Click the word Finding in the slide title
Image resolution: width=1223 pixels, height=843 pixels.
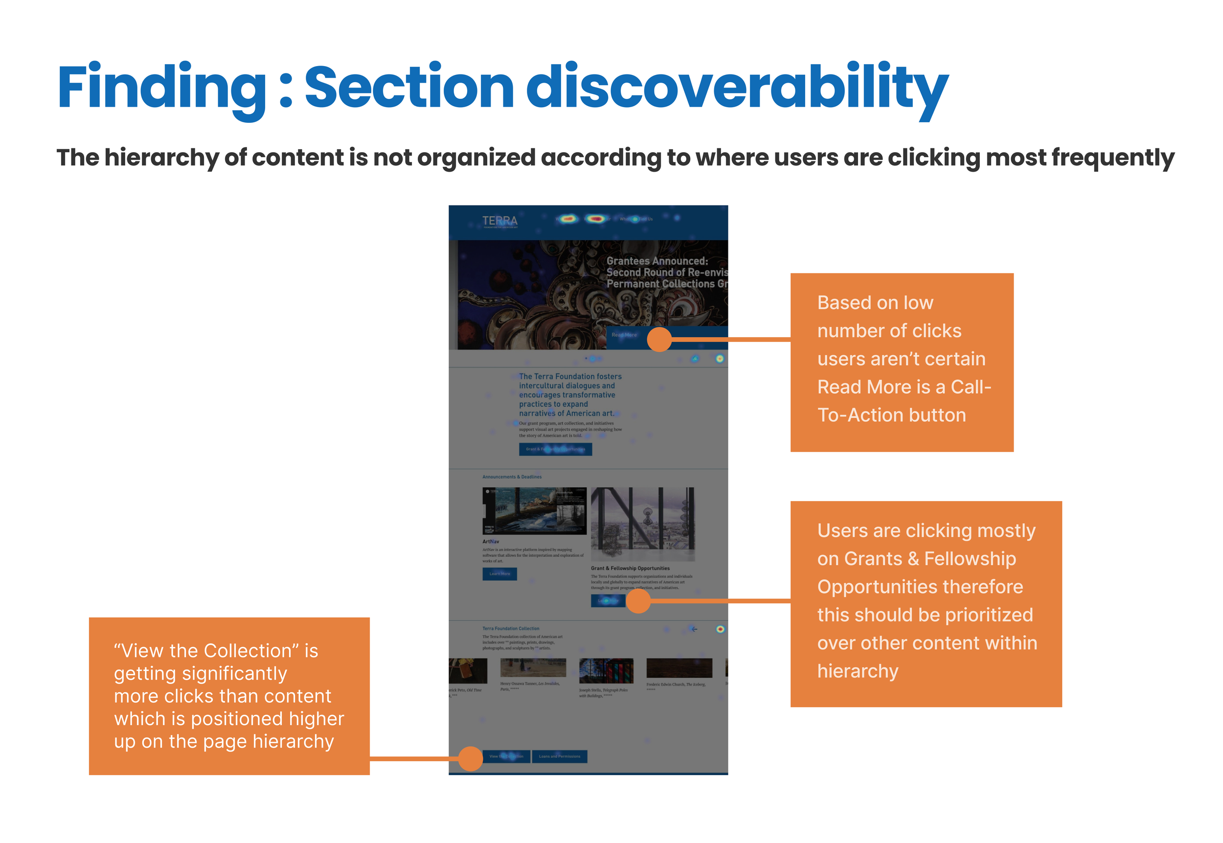[161, 87]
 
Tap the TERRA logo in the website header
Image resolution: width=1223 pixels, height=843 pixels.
[499, 221]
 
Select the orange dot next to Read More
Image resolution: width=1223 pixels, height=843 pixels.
[659, 340]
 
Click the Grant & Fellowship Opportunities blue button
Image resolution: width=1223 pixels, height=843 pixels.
[555, 450]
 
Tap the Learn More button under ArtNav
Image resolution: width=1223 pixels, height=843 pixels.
[499, 574]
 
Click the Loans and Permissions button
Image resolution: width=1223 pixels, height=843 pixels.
[559, 757]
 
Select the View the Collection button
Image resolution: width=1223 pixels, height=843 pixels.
[506, 757]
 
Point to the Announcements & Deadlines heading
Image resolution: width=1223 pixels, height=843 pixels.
[512, 477]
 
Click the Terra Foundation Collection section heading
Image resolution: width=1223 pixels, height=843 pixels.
[511, 629]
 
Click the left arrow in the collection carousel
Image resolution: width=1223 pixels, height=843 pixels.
[694, 629]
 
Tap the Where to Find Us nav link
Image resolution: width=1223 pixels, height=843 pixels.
[636, 219]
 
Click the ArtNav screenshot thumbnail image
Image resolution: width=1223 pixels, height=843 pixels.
[534, 511]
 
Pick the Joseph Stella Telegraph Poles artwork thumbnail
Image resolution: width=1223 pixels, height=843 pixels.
[606, 671]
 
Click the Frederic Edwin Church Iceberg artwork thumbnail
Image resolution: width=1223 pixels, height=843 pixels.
[679, 668]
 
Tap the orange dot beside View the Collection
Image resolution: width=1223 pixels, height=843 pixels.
[471, 759]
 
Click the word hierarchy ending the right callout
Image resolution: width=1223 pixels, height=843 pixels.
[858, 671]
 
